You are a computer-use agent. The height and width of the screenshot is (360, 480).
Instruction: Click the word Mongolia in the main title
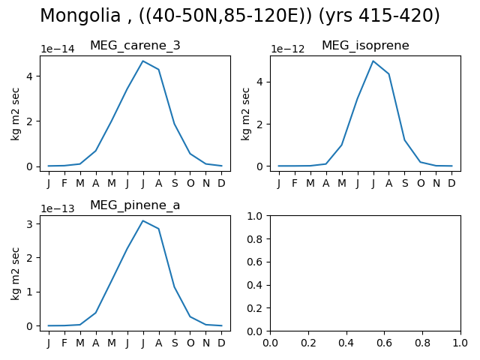[80, 16]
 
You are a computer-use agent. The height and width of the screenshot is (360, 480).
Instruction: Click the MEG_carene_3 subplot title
[135, 45]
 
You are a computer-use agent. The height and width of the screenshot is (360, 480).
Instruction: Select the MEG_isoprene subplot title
[365, 45]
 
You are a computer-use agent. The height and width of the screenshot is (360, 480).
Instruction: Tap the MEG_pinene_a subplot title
[135, 205]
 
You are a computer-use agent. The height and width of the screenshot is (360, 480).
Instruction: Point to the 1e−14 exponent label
[58, 49]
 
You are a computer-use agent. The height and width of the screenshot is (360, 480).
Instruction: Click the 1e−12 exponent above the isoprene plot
[288, 49]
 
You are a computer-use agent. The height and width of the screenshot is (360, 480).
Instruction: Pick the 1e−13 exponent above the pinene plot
[58, 208]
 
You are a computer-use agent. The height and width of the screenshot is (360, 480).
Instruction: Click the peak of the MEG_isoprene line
[373, 61]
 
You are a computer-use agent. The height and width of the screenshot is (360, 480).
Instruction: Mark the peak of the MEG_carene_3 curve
[143, 61]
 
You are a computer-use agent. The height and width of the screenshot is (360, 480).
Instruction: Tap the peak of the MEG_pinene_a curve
[143, 220]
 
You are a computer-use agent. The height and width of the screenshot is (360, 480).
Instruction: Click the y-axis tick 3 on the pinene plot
[29, 223]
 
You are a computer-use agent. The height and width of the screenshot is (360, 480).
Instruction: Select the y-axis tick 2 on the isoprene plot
[259, 124]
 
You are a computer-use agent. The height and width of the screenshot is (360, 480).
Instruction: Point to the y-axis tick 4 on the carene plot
[29, 76]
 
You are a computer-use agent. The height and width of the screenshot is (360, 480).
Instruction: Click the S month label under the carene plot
[175, 183]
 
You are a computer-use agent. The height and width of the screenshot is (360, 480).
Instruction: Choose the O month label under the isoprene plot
[421, 183]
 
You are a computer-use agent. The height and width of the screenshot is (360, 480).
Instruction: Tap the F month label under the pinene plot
[64, 343]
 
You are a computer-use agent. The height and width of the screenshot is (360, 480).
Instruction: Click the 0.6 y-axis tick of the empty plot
[255, 262]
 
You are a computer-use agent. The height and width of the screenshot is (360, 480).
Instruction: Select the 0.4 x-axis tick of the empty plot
[346, 343]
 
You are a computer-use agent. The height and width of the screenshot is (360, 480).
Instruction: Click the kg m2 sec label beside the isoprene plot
[245, 114]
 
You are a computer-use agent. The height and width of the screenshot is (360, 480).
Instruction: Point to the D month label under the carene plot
[221, 183]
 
